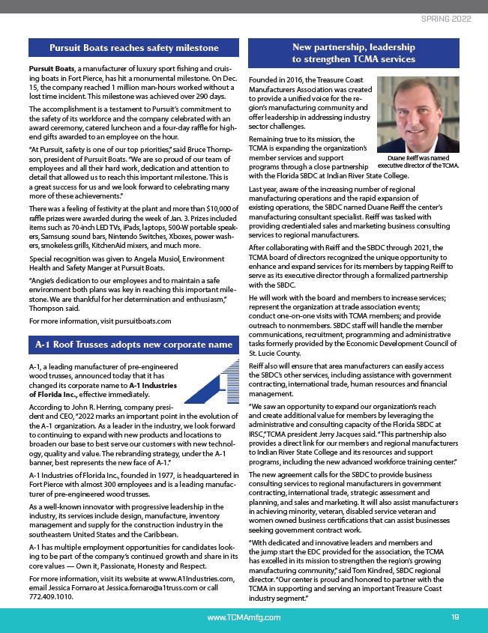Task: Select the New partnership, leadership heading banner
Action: (353, 52)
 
